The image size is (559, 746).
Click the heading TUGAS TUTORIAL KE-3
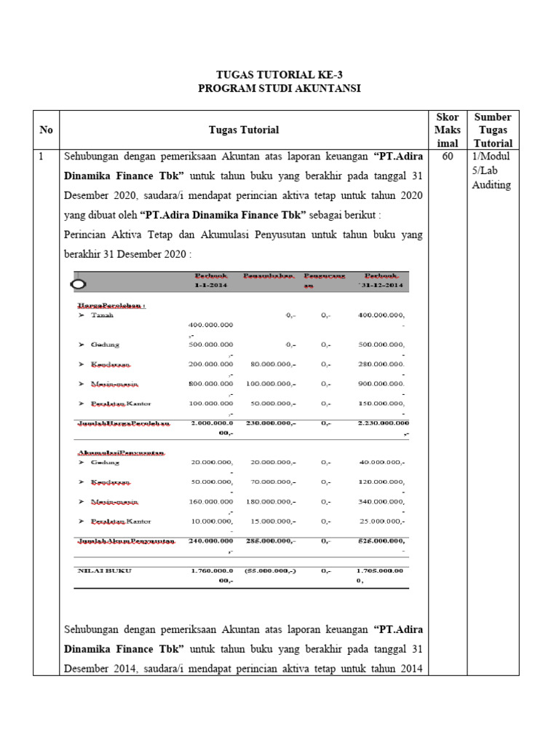(x=279, y=74)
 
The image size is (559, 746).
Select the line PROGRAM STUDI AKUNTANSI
(x=279, y=88)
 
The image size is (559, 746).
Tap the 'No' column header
(x=46, y=130)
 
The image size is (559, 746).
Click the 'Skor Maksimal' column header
(x=447, y=130)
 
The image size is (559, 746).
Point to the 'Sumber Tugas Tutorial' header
(x=492, y=130)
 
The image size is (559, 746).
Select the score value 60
(x=447, y=157)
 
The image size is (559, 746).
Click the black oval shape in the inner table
(x=79, y=283)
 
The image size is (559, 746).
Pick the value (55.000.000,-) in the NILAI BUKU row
(x=270, y=571)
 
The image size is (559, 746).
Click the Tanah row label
(x=101, y=315)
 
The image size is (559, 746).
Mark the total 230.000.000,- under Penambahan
(x=269, y=423)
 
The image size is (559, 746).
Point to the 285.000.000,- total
(x=270, y=541)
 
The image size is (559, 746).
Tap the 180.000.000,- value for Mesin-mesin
(x=270, y=502)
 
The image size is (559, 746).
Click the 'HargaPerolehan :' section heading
(x=111, y=305)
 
